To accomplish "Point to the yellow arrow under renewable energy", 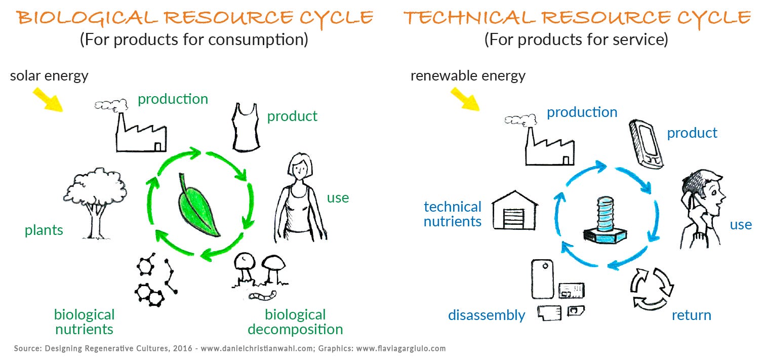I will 465,98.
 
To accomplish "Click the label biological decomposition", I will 295,322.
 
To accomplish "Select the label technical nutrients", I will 452,214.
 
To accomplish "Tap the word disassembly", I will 486,315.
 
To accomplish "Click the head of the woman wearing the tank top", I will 298,168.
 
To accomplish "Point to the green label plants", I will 44,230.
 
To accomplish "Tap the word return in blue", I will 691,315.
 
